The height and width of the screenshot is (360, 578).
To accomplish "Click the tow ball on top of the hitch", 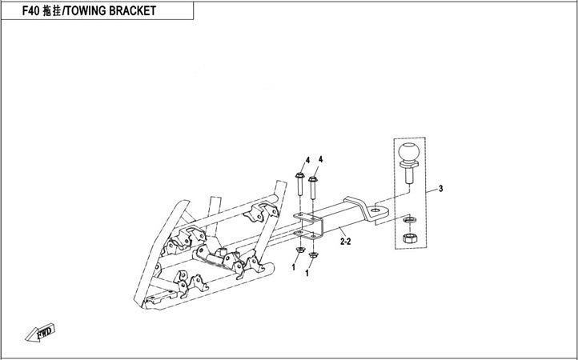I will (x=410, y=153).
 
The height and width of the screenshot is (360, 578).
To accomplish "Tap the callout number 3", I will (x=440, y=189).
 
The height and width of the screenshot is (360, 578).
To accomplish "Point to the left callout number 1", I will (x=294, y=268).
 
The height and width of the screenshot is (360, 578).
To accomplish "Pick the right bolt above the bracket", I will (x=312, y=189).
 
